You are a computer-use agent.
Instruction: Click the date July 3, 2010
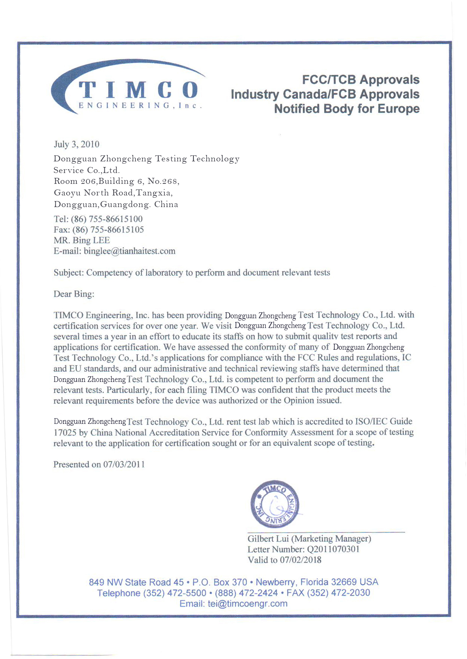coord(76,145)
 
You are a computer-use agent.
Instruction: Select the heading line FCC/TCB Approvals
coord(360,80)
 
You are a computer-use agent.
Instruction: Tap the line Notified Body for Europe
coord(347,109)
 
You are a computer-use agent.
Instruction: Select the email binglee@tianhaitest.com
coord(129,251)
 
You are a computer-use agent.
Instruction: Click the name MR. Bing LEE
coord(82,240)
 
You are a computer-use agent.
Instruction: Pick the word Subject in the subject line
coord(68,273)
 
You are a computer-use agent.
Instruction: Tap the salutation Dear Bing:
coord(74,294)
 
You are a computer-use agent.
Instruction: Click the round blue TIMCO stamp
coord(275,504)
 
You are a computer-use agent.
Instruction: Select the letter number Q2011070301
coord(333,549)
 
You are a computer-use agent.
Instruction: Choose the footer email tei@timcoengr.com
coord(247,604)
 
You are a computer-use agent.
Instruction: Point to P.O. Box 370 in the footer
coord(220,582)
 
